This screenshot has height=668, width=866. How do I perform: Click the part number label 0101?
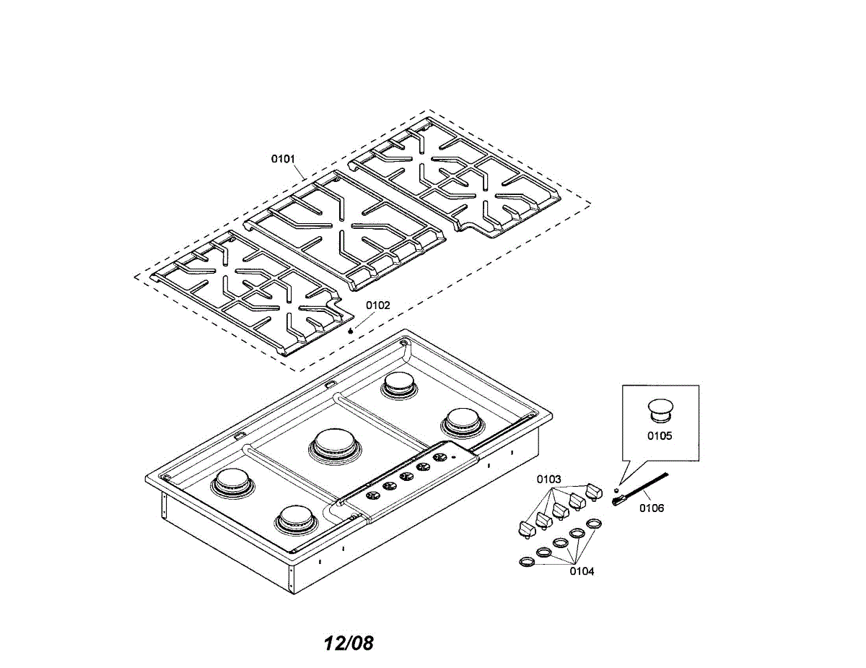(283, 158)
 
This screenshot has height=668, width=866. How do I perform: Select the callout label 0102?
(377, 305)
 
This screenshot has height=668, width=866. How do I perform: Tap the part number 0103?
(548, 479)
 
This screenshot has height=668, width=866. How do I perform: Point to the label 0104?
(582, 571)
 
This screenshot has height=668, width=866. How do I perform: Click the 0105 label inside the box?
(660, 435)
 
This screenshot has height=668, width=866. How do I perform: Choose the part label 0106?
(652, 508)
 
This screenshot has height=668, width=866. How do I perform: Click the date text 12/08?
(349, 643)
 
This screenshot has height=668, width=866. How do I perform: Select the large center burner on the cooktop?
(336, 443)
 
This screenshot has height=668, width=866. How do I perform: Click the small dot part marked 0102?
(351, 330)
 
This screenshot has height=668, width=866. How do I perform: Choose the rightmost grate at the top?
(455, 175)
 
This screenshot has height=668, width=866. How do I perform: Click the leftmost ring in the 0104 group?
(528, 561)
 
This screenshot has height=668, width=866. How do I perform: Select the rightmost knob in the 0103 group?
(594, 491)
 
